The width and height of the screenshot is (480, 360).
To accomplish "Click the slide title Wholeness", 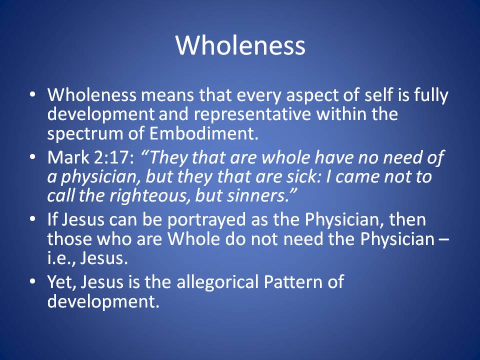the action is click(x=240, y=45).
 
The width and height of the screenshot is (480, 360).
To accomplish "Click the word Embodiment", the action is click(x=204, y=133).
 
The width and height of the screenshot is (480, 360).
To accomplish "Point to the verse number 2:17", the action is click(x=114, y=158).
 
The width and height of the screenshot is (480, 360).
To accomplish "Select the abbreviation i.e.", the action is click(x=61, y=258).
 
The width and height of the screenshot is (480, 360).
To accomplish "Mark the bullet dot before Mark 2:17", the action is click(x=32, y=156).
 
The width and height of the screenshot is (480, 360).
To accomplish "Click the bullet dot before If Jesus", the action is click(x=32, y=219).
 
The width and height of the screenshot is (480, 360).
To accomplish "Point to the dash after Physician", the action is click(x=444, y=239).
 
